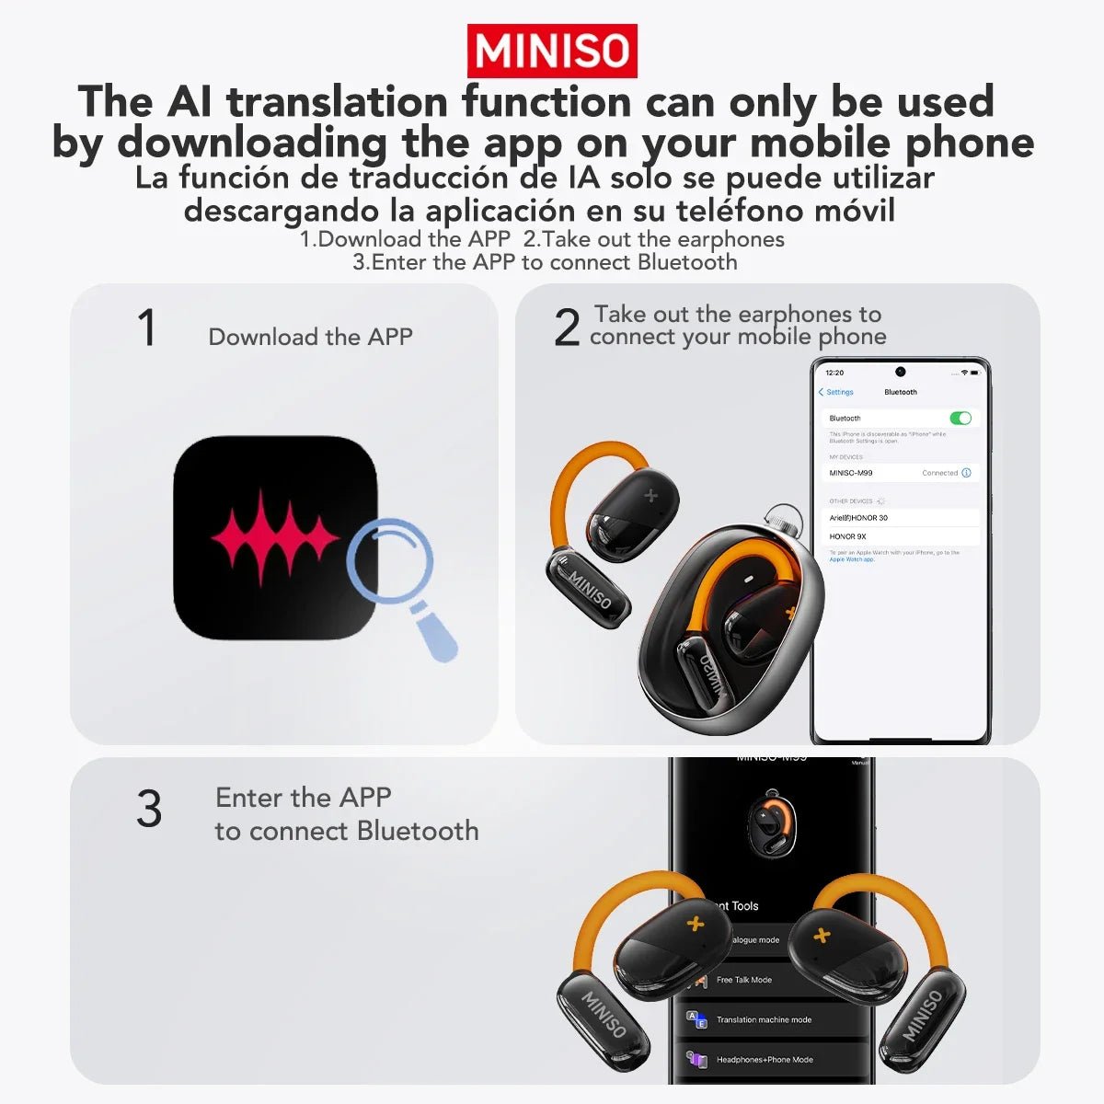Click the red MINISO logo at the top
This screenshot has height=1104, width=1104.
[x=552, y=52]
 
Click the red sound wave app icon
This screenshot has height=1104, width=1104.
[x=274, y=538]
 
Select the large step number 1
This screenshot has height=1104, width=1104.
[x=146, y=328]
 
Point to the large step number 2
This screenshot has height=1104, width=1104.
[x=567, y=328]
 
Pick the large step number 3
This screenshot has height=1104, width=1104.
[x=149, y=810]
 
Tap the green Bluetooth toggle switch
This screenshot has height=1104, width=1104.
[x=960, y=419]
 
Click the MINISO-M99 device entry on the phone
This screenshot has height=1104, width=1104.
[x=851, y=473]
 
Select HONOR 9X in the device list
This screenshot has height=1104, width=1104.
[x=847, y=536]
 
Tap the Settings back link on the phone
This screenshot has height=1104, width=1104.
[x=836, y=393]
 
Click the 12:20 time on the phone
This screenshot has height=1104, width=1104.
[x=834, y=373]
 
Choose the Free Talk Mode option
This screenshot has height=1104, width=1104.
[x=744, y=980]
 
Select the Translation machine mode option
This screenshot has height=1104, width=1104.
[x=764, y=1019]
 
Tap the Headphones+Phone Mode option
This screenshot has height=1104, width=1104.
[x=765, y=1060]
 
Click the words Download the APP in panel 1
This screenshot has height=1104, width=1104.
[x=310, y=337]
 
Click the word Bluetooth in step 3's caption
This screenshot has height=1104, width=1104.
[x=418, y=831]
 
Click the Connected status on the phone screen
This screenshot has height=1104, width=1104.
[x=939, y=473]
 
